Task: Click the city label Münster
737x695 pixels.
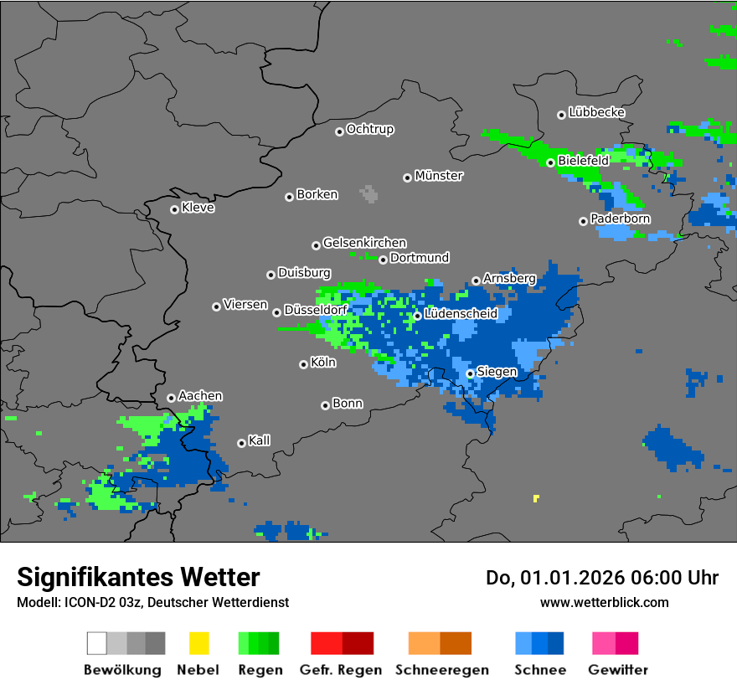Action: [439, 176]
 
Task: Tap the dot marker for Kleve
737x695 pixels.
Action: [174, 209]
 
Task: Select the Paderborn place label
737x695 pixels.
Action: [620, 219]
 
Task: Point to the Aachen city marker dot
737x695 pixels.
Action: [171, 399]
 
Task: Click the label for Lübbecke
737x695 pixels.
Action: [596, 112]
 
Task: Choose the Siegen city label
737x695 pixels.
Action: [497, 372]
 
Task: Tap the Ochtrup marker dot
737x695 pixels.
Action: [339, 131]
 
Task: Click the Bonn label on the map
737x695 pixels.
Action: [348, 404]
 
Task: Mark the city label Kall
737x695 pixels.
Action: [259, 440]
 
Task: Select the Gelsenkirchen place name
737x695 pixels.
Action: [364, 243]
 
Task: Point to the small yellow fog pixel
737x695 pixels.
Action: [536, 498]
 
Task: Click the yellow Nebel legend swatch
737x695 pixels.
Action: [198, 643]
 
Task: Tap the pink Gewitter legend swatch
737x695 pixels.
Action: [604, 643]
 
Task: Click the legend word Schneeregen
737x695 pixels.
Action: [440, 670]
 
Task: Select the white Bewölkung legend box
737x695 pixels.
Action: [96, 643]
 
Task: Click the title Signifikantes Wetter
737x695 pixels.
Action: [138, 578]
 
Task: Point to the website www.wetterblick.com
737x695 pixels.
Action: [604, 602]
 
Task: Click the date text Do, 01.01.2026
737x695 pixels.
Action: [554, 578]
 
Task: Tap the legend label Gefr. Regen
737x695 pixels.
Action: [341, 670]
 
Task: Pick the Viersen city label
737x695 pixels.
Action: [245, 305]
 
